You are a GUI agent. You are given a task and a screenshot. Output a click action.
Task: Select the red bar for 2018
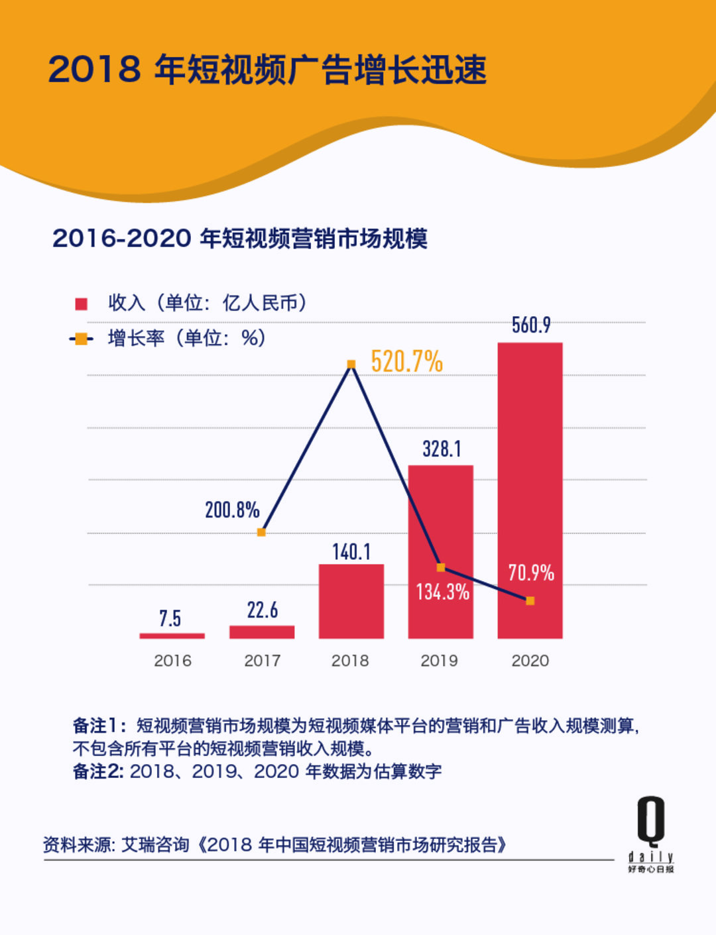coord(351,602)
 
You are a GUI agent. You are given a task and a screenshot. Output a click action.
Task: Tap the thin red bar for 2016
coord(172,635)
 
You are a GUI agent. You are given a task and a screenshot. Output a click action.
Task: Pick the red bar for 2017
coord(262,632)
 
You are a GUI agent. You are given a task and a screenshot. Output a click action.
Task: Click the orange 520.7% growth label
coord(406,362)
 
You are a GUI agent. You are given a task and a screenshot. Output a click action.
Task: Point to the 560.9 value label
coord(531,325)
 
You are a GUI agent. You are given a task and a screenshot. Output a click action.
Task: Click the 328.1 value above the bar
coord(442,449)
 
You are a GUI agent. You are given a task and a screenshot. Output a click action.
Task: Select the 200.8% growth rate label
coord(232,510)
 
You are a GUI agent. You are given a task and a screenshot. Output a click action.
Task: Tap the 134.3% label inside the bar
coord(442,592)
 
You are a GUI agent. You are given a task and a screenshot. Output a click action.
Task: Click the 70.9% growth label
coord(531,573)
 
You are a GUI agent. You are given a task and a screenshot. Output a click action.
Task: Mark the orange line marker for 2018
coord(351,364)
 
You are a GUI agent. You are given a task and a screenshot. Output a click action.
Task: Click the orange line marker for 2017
coord(261,532)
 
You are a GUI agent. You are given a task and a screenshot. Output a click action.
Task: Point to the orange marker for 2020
coord(530,600)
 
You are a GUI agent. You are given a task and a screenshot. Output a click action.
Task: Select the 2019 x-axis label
coord(439,661)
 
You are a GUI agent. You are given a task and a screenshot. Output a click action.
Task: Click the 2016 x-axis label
coord(172,661)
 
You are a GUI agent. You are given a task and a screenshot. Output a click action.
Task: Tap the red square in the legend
coord(82,304)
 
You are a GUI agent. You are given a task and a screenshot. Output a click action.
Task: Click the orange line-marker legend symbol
coord(81,339)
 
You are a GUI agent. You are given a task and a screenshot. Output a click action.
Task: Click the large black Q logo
coord(651,821)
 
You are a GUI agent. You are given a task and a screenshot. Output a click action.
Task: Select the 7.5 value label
coord(170,618)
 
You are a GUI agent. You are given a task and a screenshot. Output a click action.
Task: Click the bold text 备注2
coord(97,771)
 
